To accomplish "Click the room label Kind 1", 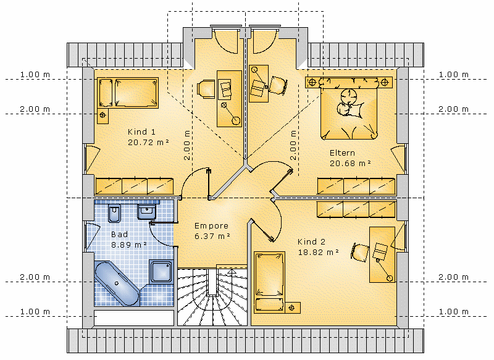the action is (x=141, y=132).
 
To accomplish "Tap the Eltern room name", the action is (x=342, y=153).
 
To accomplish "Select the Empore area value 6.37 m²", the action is (x=212, y=236).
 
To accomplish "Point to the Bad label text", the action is (x=119, y=234).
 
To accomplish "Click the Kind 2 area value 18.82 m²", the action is (x=318, y=253).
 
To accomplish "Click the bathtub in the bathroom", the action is (x=117, y=283).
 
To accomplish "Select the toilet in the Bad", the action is (x=114, y=213).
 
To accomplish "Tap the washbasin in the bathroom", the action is (x=146, y=212).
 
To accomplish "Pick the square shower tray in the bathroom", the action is (x=161, y=271).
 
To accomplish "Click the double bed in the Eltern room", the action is (x=349, y=108).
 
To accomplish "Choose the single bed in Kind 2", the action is (x=269, y=282).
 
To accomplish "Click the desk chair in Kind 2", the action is (x=360, y=252).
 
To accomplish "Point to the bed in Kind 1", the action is (x=128, y=93).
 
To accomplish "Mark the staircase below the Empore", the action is (x=212, y=296).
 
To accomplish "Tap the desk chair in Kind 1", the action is (x=206, y=88).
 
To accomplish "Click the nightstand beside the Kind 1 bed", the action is (x=103, y=115).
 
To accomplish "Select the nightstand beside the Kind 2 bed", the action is (x=292, y=308).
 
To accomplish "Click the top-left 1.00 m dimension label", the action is (x=35, y=75).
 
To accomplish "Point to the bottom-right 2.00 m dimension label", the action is (x=453, y=277).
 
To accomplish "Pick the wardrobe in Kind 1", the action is (x=134, y=186).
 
